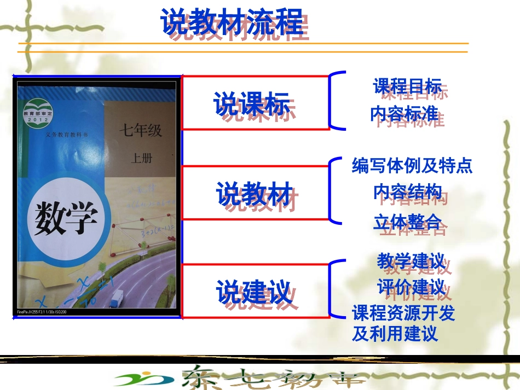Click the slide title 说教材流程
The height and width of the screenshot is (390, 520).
coord(232,23)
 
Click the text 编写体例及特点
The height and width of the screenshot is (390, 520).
coord(412,165)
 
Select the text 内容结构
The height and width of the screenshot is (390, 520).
coord(407,192)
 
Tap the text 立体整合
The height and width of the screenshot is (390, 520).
coord(407,222)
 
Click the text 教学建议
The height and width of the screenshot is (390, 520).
coord(411,261)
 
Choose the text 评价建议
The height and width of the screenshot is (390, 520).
coord(411,287)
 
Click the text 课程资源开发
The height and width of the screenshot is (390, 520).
coord(403,313)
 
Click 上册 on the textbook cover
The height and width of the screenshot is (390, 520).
coord(142,159)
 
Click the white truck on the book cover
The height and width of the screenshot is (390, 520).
coord(117,298)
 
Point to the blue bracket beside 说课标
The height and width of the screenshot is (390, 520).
coord(335,101)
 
